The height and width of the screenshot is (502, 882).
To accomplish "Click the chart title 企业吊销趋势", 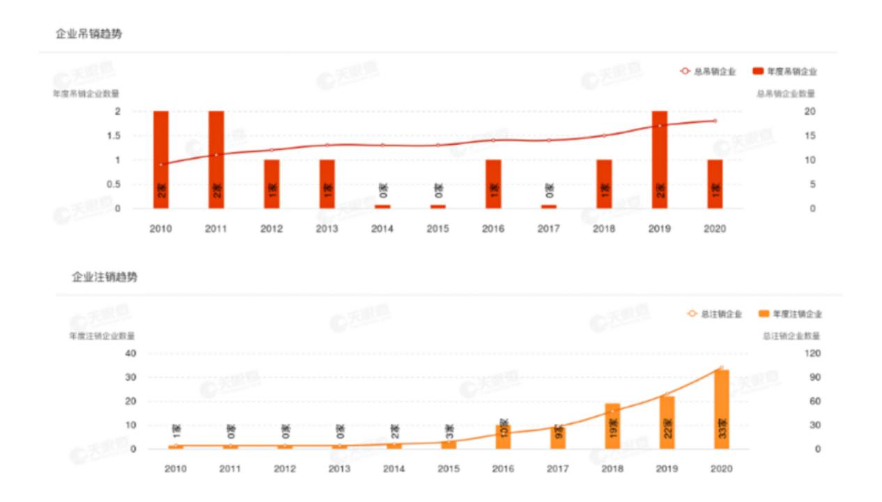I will point(88,33).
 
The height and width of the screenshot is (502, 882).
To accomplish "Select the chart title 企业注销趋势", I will point(105,277).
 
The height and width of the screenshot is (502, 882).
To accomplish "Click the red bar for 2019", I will point(659,159).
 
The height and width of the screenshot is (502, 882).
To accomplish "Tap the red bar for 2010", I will point(161,159).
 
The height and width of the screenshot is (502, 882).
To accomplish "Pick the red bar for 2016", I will point(493,184).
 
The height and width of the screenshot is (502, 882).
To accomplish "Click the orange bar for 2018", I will point(612,426).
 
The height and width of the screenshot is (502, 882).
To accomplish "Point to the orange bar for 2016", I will point(503,437).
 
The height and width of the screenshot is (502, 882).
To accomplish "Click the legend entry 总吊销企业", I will point(708,71).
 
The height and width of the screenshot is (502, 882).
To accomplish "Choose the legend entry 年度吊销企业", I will point(784,71).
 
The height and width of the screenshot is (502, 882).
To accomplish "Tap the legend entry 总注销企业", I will point(714,314).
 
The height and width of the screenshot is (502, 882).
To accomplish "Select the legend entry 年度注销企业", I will point(791,314).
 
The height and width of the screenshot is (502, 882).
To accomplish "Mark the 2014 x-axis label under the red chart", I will point(382,228).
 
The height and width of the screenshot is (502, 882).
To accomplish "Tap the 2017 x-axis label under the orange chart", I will point(558,469).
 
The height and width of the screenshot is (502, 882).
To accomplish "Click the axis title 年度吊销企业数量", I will point(85,93).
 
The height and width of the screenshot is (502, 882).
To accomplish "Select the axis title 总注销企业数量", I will point(791,336).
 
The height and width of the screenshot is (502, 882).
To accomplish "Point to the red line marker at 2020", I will point(715,121).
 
